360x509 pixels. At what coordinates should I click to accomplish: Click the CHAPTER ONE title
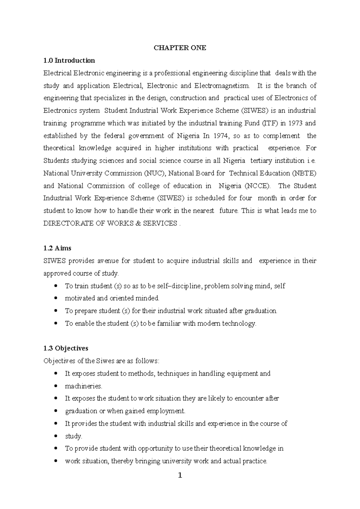tap(180, 48)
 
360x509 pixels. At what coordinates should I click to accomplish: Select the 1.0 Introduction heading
tap(69, 60)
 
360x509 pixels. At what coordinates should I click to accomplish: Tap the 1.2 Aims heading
tap(57, 248)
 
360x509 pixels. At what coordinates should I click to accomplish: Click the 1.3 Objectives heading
tap(66, 348)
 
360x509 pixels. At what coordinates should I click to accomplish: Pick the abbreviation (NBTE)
tap(304, 173)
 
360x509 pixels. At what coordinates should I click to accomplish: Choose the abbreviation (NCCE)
tap(257, 186)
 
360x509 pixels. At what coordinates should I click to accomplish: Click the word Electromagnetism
tap(222, 86)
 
